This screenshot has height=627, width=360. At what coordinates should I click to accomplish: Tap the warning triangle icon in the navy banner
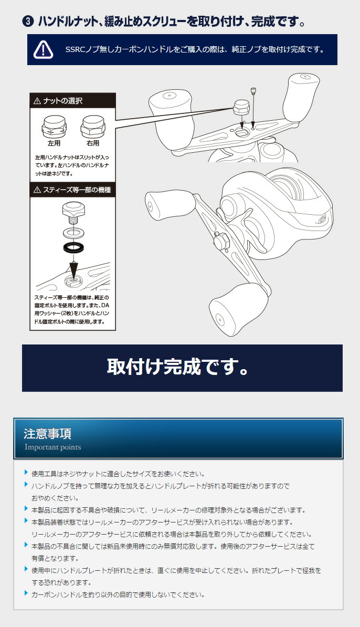coord(43,49)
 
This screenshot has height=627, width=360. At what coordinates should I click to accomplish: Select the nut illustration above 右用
coord(92,127)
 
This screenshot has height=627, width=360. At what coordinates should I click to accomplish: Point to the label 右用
coord(93,143)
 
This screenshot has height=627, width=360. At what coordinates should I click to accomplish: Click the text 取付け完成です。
coord(177,368)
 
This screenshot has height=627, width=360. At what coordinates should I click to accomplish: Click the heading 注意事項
coord(48,434)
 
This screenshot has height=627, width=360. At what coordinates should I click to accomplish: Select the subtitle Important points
coord(53,447)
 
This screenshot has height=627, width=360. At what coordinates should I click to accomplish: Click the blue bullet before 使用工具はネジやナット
coord(26,473)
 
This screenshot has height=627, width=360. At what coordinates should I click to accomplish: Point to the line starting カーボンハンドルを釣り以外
coord(118,594)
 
